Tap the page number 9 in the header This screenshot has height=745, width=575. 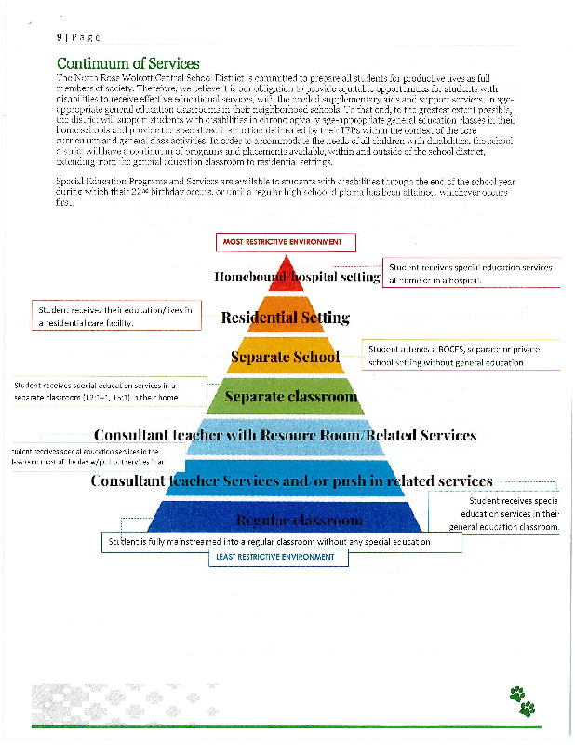[59, 37]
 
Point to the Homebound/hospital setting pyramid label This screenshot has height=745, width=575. [297, 277]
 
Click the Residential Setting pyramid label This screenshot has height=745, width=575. [286, 318]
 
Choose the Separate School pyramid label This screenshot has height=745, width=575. [284, 357]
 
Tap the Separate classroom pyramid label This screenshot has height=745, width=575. [291, 398]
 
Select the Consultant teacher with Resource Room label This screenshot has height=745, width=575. [285, 435]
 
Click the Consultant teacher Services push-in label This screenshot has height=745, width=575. [291, 481]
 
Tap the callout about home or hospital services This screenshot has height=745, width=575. [471, 273]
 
